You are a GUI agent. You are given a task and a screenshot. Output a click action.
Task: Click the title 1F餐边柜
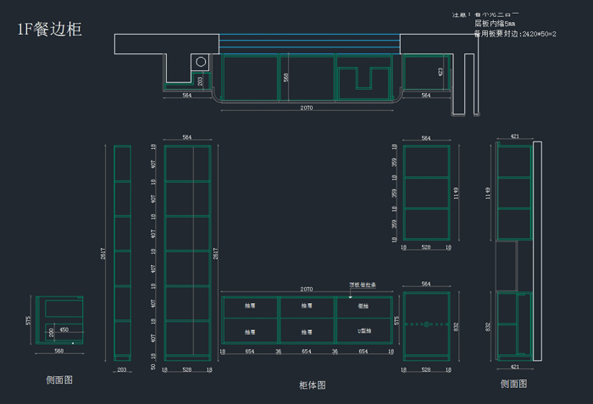coord(50,29)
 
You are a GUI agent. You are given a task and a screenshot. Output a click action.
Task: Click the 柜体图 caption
coord(313,385)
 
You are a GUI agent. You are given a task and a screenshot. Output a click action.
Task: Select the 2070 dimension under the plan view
coord(307,108)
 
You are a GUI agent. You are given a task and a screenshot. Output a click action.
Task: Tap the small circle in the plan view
coord(202,62)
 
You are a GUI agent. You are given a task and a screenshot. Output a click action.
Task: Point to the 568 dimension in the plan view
coord(286,77)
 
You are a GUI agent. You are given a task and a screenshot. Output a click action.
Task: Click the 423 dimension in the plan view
coord(441,72)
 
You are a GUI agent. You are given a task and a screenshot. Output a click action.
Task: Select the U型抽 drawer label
coord(363,331)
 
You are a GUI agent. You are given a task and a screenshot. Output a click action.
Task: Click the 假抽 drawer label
coord(363,306)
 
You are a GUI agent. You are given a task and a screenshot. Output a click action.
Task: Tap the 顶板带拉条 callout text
coord(363,285)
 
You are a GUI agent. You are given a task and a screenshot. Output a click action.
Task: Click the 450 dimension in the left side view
coord(64,329)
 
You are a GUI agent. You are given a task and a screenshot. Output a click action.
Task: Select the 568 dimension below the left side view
coord(58,351)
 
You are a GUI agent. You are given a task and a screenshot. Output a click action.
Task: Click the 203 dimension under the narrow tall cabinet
coord(122,369)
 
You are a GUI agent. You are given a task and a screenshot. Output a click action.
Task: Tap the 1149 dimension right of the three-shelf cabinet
coord(455,192)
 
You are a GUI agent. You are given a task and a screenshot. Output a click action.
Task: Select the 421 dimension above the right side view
coord(514,136)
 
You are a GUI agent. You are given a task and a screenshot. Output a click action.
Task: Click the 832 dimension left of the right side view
coord(488,326)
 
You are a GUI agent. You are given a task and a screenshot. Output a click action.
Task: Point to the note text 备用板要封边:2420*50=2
coord(515,34)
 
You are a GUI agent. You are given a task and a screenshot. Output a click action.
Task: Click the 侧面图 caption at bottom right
coord(513,384)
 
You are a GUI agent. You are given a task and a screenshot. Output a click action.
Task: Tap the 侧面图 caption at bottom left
coord(59,380)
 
